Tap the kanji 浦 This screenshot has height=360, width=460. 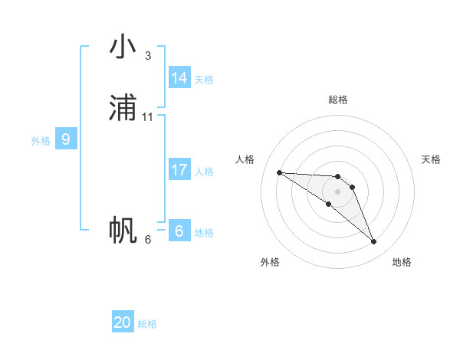coord(123,108)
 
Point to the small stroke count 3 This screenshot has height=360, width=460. coord(148,56)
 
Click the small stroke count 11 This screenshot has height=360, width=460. coord(148,117)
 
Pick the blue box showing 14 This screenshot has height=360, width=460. coord(179,78)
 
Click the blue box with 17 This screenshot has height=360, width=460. coord(179,170)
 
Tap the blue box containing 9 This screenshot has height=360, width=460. coord(66,139)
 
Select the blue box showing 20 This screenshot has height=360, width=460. coord(123,322)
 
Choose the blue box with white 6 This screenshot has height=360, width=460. coord(179,231)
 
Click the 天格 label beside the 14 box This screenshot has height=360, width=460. coord(204,80)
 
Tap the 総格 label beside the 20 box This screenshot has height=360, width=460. coord(147,324)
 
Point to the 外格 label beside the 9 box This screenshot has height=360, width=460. coord(41,141)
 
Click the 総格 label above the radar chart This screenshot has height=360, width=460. coord(338,100)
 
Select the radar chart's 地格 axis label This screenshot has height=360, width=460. coord(402,262)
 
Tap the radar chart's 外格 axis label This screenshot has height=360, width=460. coord(270,262)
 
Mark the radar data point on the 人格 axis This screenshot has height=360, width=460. coord(279,172)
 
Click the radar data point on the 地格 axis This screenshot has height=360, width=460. coord(374,242)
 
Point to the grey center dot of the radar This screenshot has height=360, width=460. coord(338,191)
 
